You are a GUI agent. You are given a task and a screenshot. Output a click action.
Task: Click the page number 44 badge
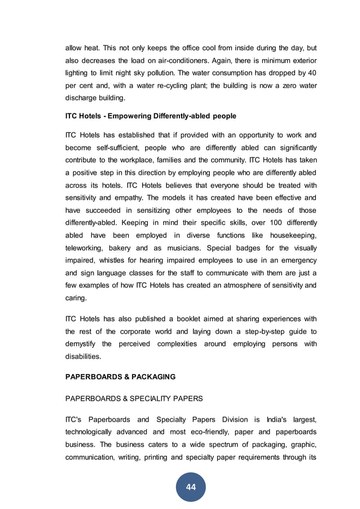point(191,486)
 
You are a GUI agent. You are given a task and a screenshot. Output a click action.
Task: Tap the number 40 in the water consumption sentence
point(311,73)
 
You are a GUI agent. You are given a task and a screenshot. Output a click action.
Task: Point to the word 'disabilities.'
point(84,356)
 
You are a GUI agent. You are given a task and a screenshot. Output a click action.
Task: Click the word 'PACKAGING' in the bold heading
point(153,376)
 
